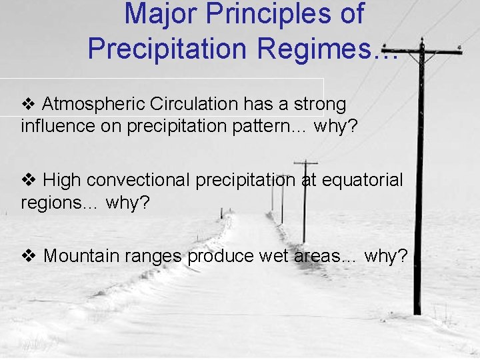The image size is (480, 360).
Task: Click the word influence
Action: point(51,126)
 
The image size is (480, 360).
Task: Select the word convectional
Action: point(138,180)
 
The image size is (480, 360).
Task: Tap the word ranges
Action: point(155,256)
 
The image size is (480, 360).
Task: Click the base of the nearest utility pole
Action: point(417,310)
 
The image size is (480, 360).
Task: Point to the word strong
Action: point(318,104)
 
